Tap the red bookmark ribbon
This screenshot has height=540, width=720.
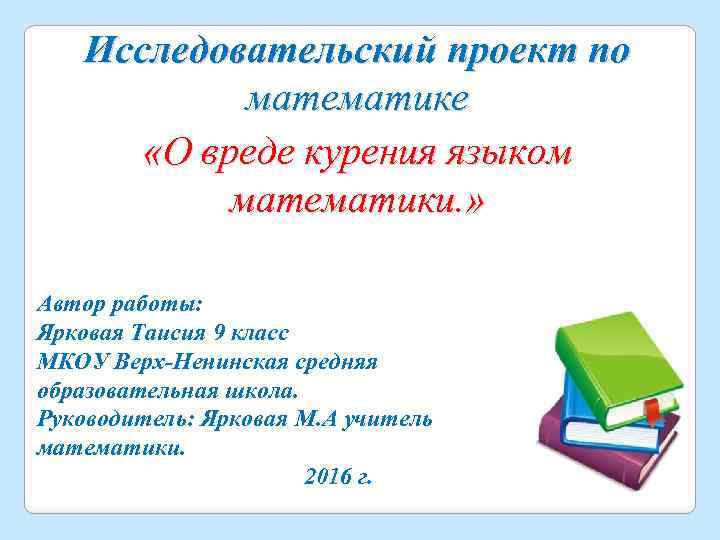pos(651,411)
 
